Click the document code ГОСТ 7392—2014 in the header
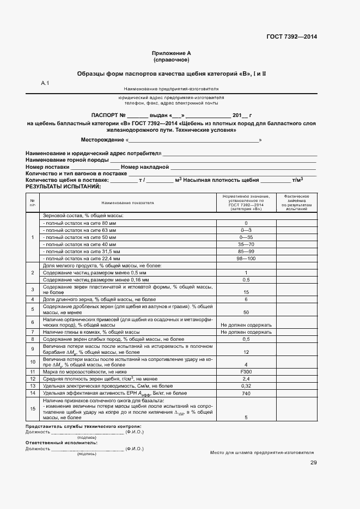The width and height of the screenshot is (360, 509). point(291,36)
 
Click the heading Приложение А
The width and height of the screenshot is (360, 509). point(171,53)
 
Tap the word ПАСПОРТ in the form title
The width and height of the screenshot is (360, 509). point(108,115)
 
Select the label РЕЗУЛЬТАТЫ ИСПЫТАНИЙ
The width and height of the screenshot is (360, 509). point(63,186)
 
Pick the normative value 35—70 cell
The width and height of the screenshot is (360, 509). point(246,244)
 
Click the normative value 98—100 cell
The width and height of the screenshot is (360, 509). point(246,259)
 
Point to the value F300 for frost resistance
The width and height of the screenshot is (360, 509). point(246,371)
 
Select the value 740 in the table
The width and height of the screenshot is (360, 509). point(246,393)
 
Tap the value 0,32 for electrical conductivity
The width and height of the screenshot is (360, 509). point(246,385)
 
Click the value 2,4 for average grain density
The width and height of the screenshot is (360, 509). point(246,378)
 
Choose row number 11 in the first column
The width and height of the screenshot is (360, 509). point(33,371)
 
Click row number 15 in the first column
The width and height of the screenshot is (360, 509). point(33,408)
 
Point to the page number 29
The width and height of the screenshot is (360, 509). point(313,463)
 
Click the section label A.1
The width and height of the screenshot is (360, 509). point(45,83)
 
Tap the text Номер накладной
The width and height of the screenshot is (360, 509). point(145,167)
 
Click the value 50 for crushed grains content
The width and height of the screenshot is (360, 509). point(246,312)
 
